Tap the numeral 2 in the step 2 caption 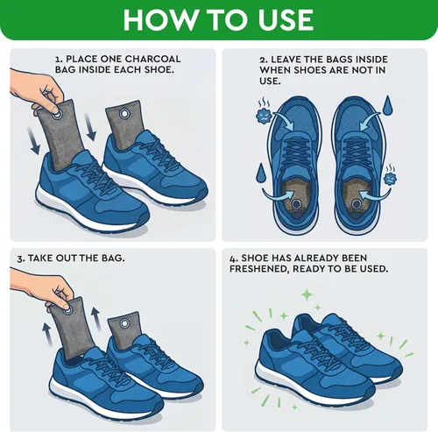click(x=263, y=60)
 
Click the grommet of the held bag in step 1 click(x=56, y=115)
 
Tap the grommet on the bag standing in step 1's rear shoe click(x=124, y=113)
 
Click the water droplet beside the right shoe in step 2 click(x=388, y=106)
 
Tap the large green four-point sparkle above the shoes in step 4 click(x=307, y=294)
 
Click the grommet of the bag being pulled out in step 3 click(x=67, y=308)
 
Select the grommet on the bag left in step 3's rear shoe click(x=125, y=323)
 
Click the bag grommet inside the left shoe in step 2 click(x=296, y=204)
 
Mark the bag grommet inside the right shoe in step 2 click(x=356, y=203)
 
